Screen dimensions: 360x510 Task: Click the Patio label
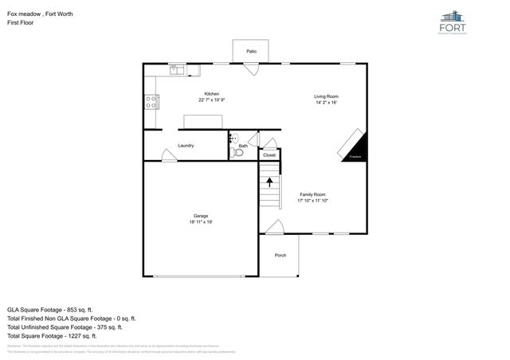tap(251, 51)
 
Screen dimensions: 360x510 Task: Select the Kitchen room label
tap(211, 93)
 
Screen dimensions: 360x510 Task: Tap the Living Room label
tap(327, 96)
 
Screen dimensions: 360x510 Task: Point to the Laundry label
tap(186, 146)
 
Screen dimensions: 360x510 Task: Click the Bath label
tap(243, 146)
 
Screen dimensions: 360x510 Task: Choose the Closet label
tap(269, 155)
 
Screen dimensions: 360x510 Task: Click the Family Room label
tap(313, 194)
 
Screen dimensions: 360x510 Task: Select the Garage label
tap(201, 216)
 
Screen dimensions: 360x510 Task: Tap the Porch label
tap(280, 255)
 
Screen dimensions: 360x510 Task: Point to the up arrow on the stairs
tap(269, 182)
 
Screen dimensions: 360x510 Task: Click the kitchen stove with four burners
tap(150, 101)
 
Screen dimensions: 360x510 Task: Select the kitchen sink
tap(176, 70)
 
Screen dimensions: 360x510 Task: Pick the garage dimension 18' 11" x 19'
tap(201, 222)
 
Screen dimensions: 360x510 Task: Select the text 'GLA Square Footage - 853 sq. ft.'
tap(50, 308)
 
